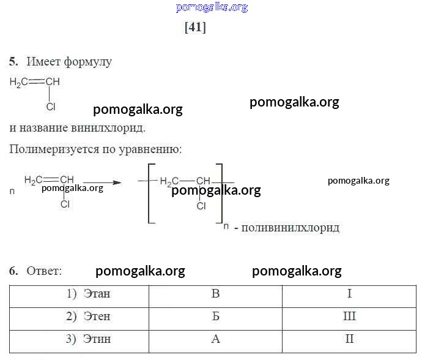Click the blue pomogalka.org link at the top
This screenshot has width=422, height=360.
[212, 7]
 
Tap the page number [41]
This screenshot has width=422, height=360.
[195, 27]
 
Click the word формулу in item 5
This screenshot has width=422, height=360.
[87, 62]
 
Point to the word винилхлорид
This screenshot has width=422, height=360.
[108, 128]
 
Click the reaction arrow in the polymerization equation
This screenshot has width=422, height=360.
[102, 182]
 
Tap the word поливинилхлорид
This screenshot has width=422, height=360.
[290, 228]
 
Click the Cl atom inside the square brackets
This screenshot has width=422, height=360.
[201, 206]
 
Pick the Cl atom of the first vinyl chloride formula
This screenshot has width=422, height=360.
[51, 107]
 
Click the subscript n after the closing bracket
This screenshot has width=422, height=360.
[226, 226]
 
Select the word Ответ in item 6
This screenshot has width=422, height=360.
[44, 271]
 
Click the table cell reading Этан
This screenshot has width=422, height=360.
[79, 296]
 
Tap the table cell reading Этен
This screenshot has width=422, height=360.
[79, 319]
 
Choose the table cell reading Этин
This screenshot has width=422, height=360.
[79, 342]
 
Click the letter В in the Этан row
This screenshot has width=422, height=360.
[215, 293]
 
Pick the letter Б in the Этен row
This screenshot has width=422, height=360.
[215, 316]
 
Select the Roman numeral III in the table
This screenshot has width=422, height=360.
[349, 316]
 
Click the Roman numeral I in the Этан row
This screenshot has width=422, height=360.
[349, 293]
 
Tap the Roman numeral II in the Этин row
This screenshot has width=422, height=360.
[349, 339]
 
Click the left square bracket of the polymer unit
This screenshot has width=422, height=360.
[149, 193]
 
